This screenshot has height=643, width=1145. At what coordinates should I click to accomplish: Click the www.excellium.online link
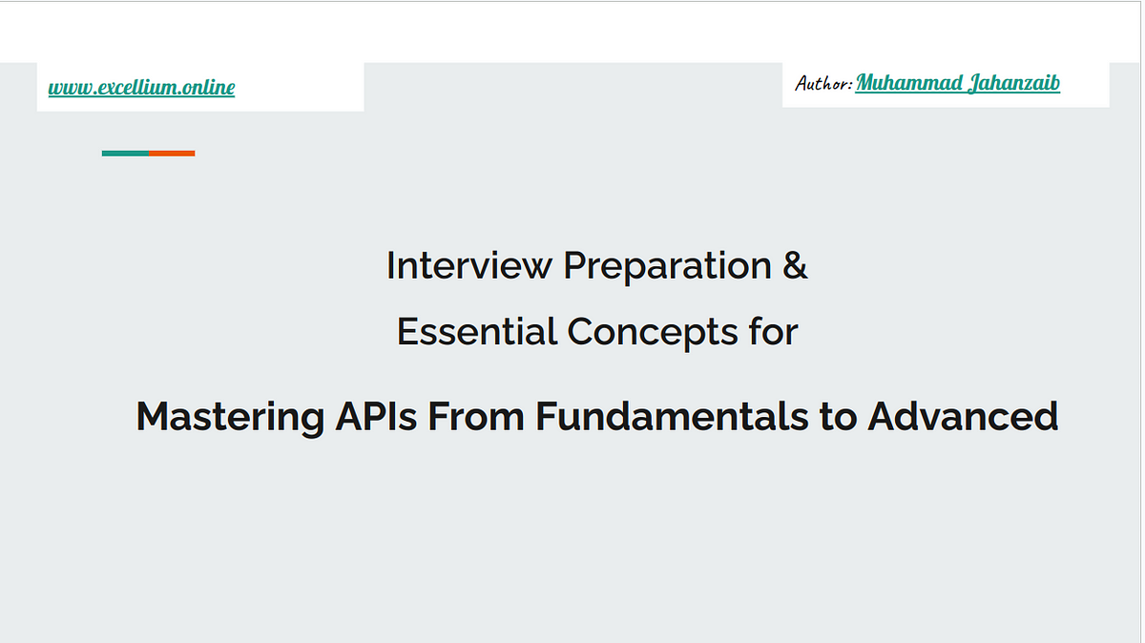pos(141,87)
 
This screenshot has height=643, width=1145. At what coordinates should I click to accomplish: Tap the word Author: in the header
pos(823,83)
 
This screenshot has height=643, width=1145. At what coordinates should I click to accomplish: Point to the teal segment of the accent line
pos(125,154)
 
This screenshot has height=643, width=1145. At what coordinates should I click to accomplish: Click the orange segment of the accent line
pos(172,154)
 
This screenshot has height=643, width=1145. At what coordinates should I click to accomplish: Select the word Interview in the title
pos(469,265)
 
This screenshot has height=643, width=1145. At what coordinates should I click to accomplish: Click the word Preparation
pos(667,268)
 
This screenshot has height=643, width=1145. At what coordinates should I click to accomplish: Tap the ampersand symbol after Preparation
pos(794,265)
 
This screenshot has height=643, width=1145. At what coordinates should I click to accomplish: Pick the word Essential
pos(476,331)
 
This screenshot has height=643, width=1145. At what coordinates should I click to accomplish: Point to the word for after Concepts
pos(774,331)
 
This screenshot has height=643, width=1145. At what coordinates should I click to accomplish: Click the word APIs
pos(376,416)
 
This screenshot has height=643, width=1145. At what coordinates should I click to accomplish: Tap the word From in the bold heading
pos(476,416)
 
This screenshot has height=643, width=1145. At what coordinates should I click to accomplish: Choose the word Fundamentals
pos(672,416)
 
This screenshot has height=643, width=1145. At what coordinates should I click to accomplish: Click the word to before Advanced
pos(838,417)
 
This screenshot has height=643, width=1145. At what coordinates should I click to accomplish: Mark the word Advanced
pos(963,416)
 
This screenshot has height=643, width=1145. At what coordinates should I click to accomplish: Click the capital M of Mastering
pos(154,416)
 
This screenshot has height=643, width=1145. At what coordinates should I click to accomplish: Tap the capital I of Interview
pos(390,265)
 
